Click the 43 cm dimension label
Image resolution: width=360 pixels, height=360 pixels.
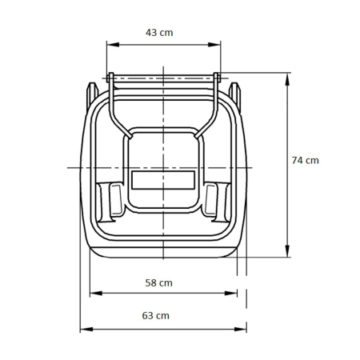coord(162,33)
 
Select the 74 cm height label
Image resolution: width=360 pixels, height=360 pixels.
coord(305,160)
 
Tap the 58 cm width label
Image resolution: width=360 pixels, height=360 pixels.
coord(160,282)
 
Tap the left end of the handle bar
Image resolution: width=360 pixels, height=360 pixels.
coord(110,78)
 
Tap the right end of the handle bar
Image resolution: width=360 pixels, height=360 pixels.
coord(216,78)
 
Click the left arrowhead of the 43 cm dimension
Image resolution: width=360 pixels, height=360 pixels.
coord(110,46)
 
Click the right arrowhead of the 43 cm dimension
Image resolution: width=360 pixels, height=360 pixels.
coord(217,46)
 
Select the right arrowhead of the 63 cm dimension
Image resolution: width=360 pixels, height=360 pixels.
coord(243,328)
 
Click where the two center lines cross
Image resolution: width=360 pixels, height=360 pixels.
coord(163,167)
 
